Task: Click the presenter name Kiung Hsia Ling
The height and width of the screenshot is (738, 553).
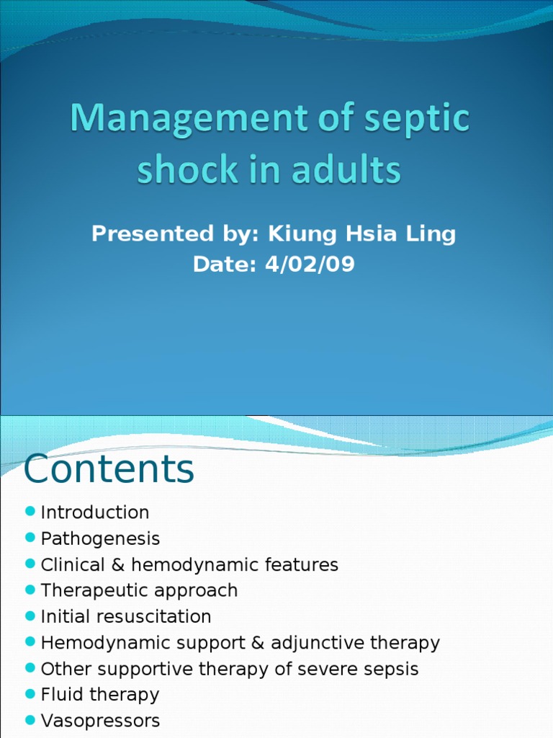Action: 362,234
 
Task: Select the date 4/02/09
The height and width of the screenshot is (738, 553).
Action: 310,264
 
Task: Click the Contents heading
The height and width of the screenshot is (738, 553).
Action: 109,469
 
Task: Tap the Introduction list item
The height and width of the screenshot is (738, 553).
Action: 95,512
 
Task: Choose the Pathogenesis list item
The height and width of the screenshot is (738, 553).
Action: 100,538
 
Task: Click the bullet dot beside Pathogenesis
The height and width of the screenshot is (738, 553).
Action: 30,538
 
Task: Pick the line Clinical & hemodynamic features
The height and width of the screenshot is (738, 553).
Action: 189,564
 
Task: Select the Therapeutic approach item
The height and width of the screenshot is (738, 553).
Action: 139,590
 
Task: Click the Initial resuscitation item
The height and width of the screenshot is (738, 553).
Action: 126,616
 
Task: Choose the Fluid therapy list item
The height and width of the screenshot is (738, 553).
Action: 100,694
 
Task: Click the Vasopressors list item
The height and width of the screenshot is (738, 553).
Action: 100,720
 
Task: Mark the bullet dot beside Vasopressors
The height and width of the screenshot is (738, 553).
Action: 30,719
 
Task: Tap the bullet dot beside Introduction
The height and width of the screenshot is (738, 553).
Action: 30,512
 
